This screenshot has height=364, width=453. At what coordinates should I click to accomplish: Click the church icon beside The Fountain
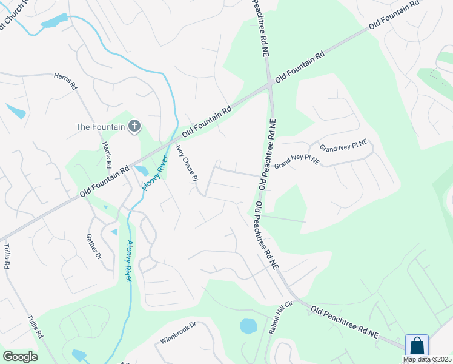(x=134, y=126)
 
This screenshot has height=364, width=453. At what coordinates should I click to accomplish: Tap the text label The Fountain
(x=100, y=127)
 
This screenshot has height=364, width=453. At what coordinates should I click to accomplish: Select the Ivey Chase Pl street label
(x=187, y=163)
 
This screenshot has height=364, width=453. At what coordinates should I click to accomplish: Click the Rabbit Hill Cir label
(x=280, y=327)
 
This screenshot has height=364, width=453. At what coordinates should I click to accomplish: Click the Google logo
(x=20, y=357)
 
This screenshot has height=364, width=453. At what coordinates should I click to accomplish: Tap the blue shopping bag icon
(x=417, y=346)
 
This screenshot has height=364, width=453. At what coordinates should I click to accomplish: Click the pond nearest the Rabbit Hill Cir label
(x=248, y=326)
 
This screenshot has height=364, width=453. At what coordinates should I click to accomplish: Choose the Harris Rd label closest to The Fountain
(x=107, y=155)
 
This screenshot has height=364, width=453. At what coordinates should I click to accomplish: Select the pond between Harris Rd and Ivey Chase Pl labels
(x=141, y=170)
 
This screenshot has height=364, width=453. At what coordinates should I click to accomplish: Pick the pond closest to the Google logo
(x=79, y=355)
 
